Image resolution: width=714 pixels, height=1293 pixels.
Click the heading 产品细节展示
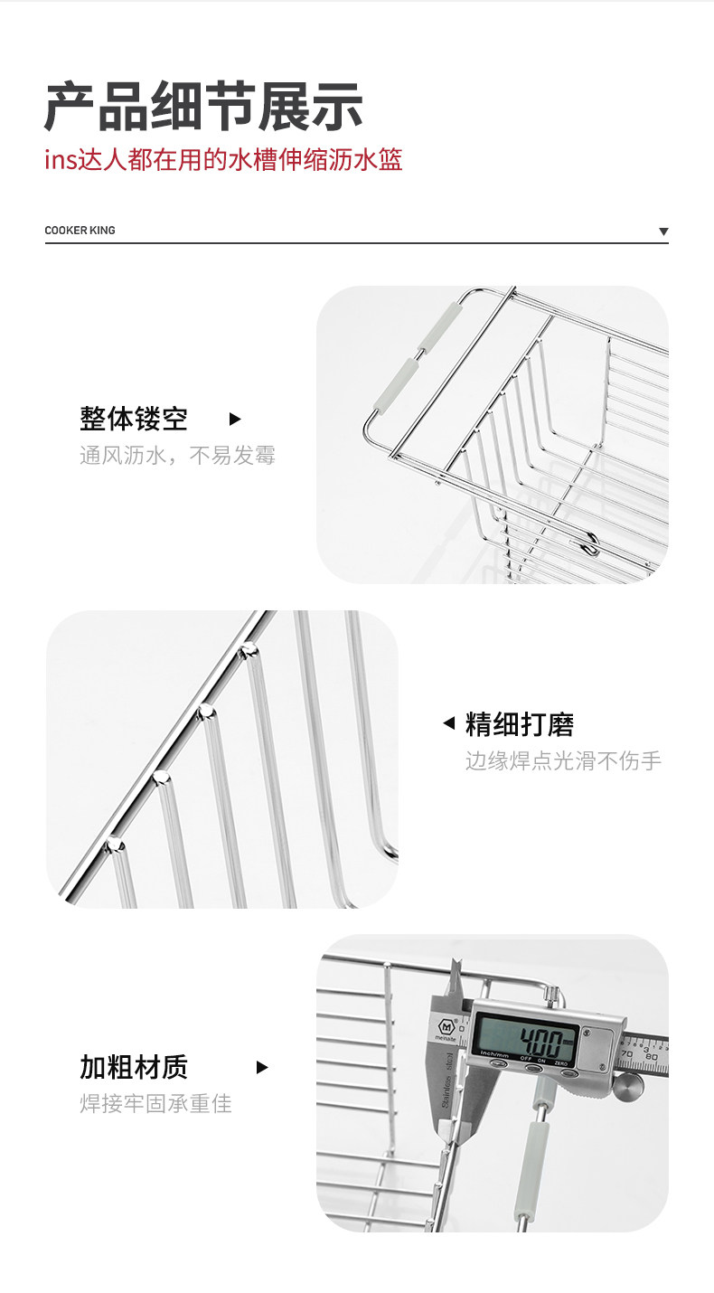pos(203,107)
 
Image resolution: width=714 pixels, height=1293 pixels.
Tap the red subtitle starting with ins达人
pos(223,161)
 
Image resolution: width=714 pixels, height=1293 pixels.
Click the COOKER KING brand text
pos(80,231)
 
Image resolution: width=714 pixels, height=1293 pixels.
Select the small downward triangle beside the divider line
pos(663,231)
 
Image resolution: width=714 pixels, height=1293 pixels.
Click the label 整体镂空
pos(134,420)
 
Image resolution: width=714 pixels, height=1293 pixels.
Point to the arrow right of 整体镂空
pos(235,420)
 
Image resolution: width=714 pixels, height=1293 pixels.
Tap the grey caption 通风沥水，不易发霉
pos(177,455)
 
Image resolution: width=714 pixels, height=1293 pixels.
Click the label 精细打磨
pos(520,724)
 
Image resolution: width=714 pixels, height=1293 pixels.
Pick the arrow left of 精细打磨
pos(448,723)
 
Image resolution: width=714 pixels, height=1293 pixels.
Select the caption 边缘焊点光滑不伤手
pos(563,760)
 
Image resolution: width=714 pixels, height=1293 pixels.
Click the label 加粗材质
pos(134,1067)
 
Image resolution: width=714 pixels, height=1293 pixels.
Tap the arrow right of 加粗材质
pos(262,1067)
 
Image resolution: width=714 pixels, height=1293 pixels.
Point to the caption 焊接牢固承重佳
pos(155,1103)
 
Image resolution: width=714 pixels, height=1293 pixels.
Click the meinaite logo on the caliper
pos(445,1030)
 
